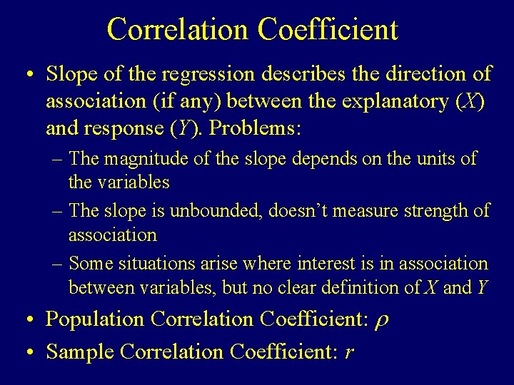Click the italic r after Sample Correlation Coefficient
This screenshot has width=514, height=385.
point(348,352)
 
